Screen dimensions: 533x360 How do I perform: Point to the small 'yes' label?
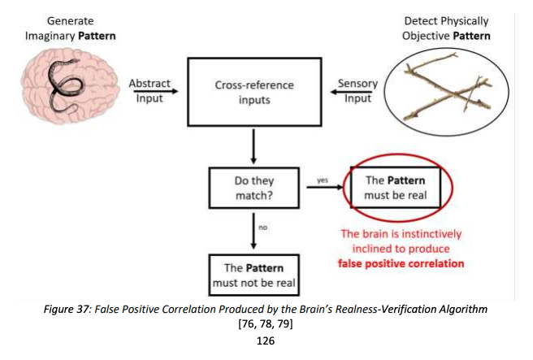pyautogui.click(x=323, y=180)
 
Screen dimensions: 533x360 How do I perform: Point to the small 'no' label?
pyautogui.click(x=262, y=228)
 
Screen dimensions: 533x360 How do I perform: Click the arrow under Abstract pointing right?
pyautogui.click(x=156, y=91)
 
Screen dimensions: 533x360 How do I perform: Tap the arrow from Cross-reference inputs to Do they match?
pyautogui.click(x=253, y=146)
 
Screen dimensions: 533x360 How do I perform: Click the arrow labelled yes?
pyautogui.click(x=325, y=187)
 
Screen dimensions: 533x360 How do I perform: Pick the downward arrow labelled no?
pyautogui.click(x=253, y=231)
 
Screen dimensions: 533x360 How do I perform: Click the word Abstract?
pyautogui.click(x=149, y=83)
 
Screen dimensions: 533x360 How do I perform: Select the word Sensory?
pyautogui.click(x=357, y=84)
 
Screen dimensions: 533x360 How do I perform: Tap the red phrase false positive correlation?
pyautogui.click(x=401, y=263)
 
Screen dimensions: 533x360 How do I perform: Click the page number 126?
pyautogui.click(x=266, y=340)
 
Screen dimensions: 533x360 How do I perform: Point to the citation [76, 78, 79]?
pyautogui.click(x=266, y=323)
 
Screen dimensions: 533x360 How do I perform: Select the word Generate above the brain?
pyautogui.click(x=71, y=21)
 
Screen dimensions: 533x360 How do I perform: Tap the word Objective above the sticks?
pyautogui.click(x=426, y=36)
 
